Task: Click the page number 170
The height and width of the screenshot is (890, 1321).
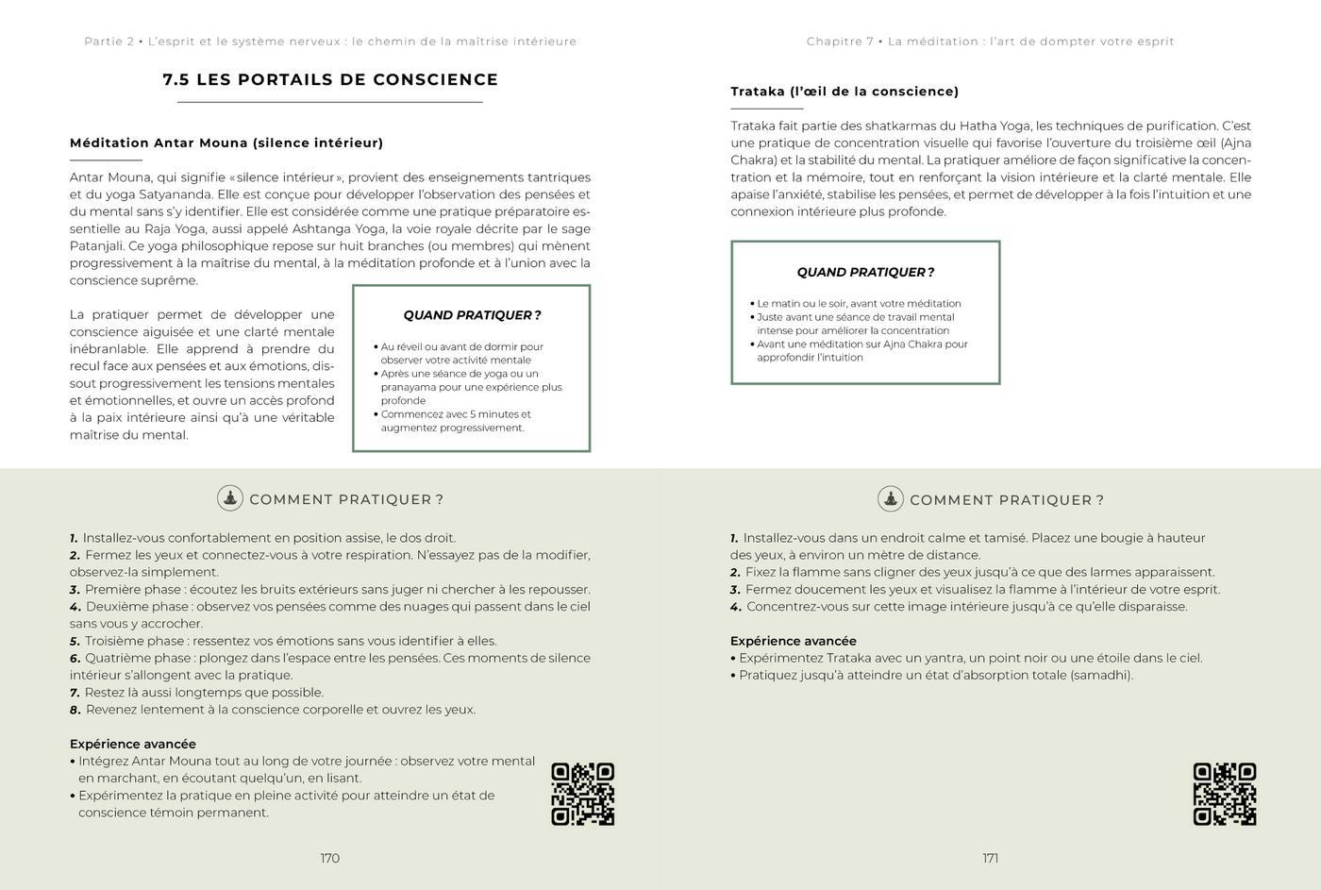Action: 329,858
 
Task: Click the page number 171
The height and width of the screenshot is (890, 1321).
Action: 990,858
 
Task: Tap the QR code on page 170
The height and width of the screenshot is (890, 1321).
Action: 582,794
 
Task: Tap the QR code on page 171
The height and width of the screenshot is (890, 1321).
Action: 1224,794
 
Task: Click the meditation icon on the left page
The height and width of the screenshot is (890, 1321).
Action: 230,498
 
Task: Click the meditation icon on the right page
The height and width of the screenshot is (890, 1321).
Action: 890,498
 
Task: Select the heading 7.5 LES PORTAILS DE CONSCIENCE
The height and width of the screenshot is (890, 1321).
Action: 330,79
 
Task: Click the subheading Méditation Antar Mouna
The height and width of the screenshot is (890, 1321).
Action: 226,143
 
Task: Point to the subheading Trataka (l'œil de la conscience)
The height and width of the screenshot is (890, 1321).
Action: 844,92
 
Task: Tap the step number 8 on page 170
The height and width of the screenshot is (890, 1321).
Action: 75,710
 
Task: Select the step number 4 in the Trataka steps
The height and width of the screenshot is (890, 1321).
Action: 735,607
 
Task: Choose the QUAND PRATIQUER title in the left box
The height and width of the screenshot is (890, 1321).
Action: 472,315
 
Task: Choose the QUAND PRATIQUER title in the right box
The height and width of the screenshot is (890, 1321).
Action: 865,272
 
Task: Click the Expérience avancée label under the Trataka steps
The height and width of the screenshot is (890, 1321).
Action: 794,641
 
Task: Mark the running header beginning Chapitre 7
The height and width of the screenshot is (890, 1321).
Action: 990,42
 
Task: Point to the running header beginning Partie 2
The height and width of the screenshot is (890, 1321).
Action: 330,42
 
